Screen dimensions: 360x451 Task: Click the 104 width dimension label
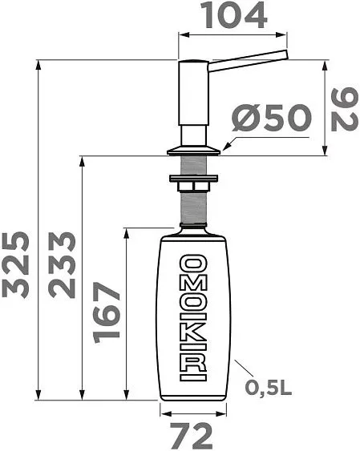(x=235, y=16)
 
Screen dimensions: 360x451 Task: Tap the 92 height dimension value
(x=345, y=109)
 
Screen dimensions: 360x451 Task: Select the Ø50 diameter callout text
(x=272, y=117)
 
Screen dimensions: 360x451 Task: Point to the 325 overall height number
(x=15, y=264)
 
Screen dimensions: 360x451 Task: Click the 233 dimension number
(x=62, y=264)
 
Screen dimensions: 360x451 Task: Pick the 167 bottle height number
(x=106, y=312)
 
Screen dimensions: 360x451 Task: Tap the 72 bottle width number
(x=191, y=436)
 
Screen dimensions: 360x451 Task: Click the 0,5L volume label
(x=269, y=388)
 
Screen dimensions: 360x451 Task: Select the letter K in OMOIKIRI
(x=193, y=334)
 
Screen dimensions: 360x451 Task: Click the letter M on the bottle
(x=193, y=284)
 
